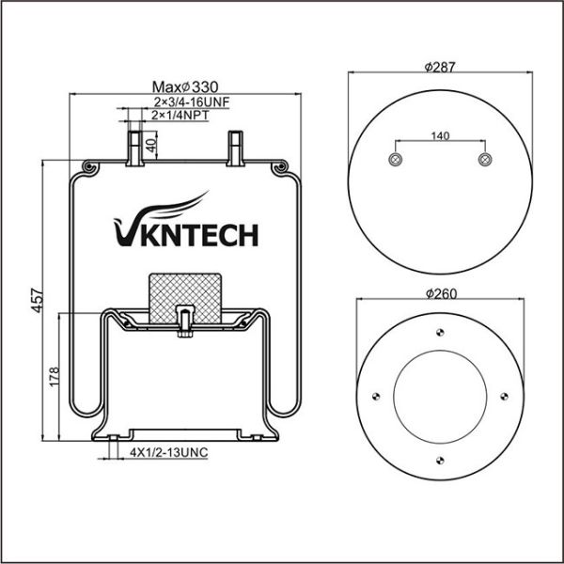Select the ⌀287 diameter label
coord(439,68)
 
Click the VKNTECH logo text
coord(185,232)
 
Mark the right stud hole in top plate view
coord(484,160)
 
